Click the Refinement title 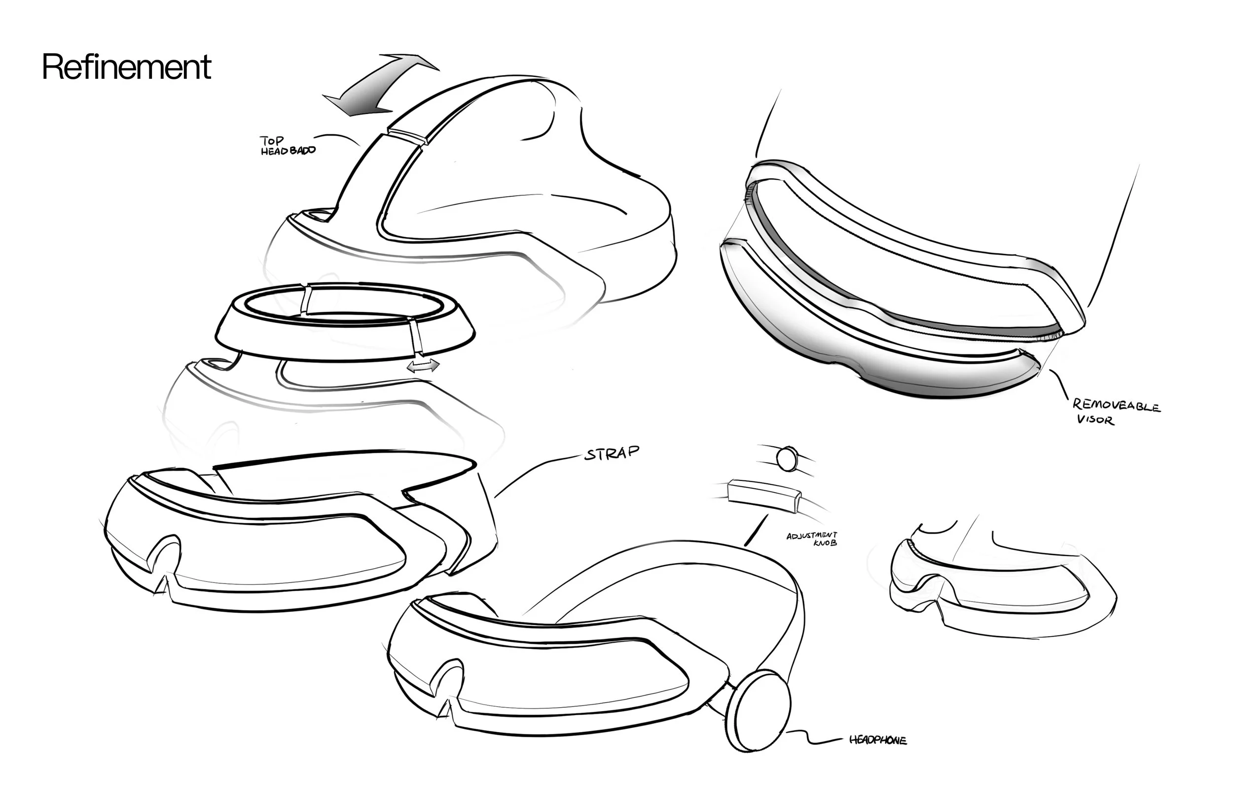[126, 67]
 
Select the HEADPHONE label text [877, 740]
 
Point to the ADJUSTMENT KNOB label [812, 539]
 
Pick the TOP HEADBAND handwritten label [288, 145]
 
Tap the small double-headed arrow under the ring [423, 366]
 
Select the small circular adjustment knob [787, 459]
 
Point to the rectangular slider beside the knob [764, 495]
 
